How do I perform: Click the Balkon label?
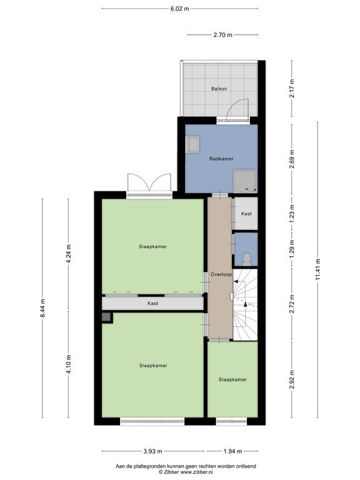pyautogui.click(x=219, y=89)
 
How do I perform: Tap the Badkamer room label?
pyautogui.click(x=221, y=159)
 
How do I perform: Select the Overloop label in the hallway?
pyautogui.click(x=221, y=274)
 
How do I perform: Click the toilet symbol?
pyautogui.click(x=246, y=259)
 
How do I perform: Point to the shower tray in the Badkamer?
pyautogui.click(x=245, y=181)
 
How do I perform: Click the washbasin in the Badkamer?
pyautogui.click(x=192, y=144)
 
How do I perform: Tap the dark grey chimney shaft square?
pyautogui.click(x=106, y=317)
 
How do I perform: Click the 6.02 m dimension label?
pyautogui.click(x=180, y=9)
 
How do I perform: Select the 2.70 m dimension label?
pyautogui.click(x=223, y=35)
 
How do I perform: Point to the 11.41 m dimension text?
pyautogui.click(x=317, y=269)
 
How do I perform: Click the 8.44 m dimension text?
pyautogui.click(x=42, y=308)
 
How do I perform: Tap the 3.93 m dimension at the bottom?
pyautogui.click(x=152, y=451)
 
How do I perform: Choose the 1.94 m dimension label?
pyautogui.click(x=232, y=451)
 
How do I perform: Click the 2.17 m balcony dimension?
pyautogui.click(x=292, y=89)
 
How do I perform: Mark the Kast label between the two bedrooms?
pyautogui.click(x=152, y=303)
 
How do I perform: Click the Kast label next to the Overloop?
pyautogui.click(x=246, y=214)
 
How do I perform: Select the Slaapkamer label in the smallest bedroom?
pyautogui.click(x=232, y=379)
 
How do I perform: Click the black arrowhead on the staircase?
pyautogui.click(x=245, y=304)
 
